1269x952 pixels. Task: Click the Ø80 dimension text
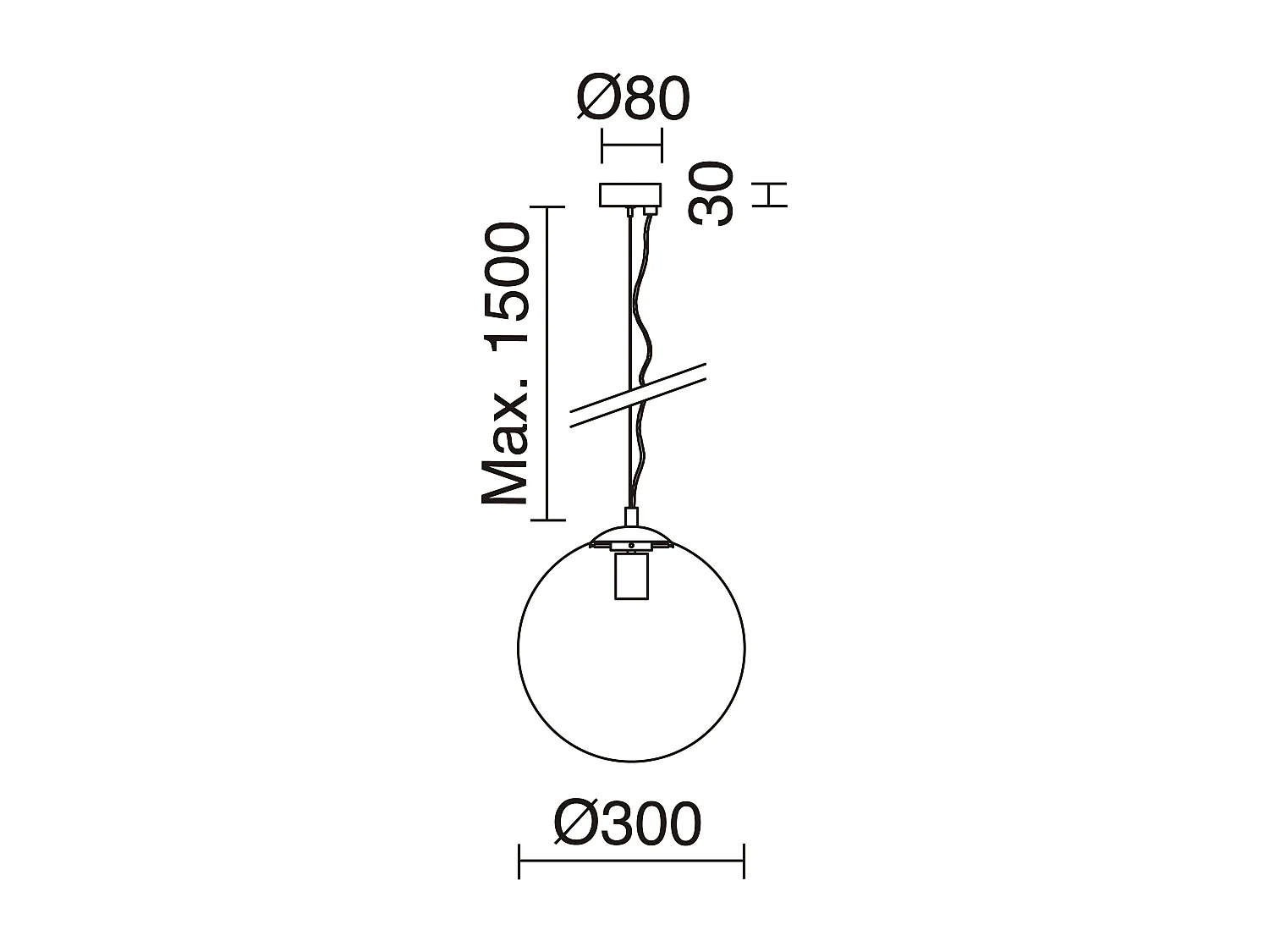point(633,99)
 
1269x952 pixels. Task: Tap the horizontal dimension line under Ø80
point(630,146)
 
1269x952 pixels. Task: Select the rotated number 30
point(711,194)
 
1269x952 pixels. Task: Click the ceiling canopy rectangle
point(629,195)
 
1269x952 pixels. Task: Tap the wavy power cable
point(645,338)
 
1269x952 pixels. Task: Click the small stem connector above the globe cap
point(631,516)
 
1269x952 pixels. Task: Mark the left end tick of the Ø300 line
point(519,861)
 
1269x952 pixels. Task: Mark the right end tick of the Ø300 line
point(744,861)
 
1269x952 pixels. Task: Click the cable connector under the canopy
point(651,211)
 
